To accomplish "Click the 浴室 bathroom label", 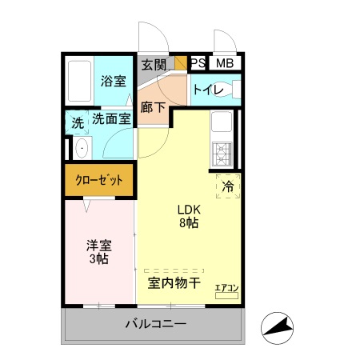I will tap(114, 81).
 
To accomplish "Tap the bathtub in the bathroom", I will tap(78, 80).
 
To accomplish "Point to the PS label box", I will tap(198, 63).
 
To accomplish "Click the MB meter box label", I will tap(224, 63).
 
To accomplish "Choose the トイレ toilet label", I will tap(206, 90).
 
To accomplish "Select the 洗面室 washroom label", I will tap(111, 120).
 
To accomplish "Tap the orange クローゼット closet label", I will tap(100, 181).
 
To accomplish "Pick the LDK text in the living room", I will tap(189, 210).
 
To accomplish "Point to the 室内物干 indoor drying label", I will tap(174, 282).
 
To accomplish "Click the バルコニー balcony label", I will tap(155, 325).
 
